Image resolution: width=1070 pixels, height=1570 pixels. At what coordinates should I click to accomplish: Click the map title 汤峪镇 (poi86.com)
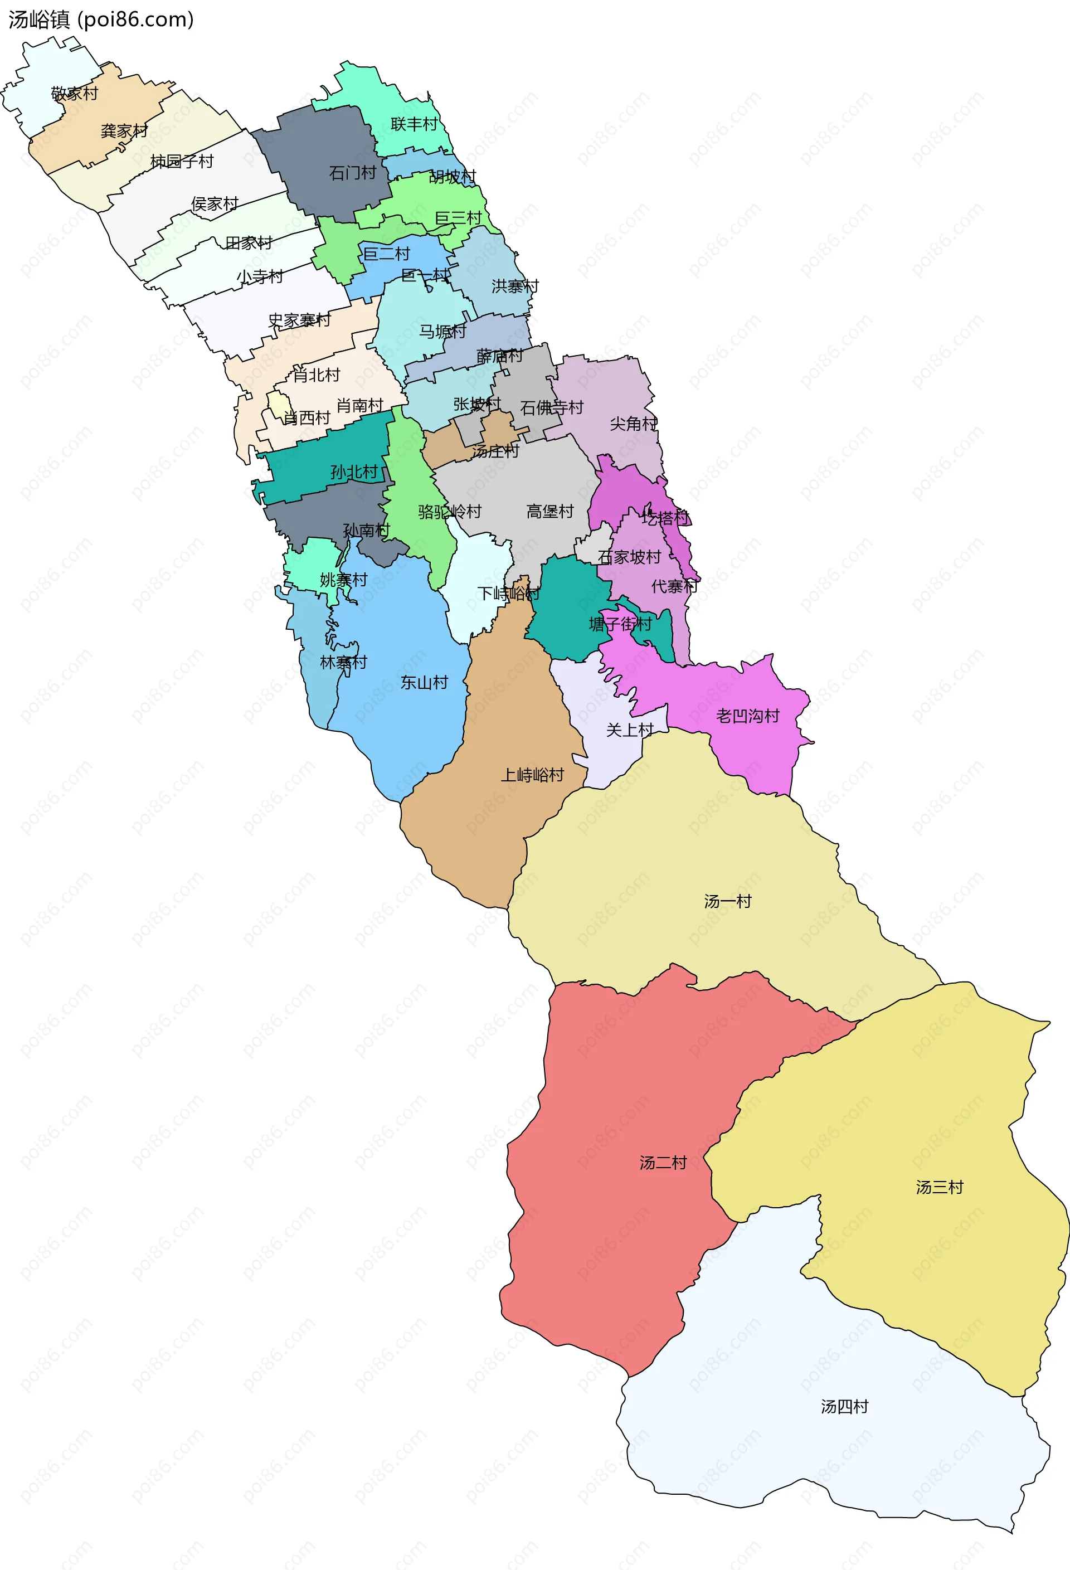click(x=101, y=20)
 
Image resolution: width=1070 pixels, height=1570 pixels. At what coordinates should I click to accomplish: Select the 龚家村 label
click(x=124, y=131)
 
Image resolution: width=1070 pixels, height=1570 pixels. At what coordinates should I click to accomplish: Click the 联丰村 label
click(x=414, y=124)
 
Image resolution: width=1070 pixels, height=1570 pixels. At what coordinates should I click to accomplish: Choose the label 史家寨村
click(x=299, y=320)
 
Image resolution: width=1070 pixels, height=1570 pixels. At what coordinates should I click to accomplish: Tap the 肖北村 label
click(x=316, y=375)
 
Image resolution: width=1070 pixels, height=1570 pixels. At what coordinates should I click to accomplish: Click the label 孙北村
click(x=353, y=472)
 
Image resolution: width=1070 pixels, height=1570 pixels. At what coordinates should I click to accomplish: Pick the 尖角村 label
click(x=633, y=424)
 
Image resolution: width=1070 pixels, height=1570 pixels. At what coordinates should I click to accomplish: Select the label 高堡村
click(x=550, y=512)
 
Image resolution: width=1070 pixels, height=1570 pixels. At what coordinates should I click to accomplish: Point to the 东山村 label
click(x=424, y=682)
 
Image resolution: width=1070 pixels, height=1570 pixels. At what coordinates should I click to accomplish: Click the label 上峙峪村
click(x=532, y=775)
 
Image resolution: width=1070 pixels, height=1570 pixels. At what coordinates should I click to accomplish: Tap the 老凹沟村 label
click(x=748, y=716)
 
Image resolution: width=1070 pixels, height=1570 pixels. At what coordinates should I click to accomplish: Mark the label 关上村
click(x=630, y=730)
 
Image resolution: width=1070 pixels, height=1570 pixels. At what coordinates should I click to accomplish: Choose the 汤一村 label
click(x=727, y=901)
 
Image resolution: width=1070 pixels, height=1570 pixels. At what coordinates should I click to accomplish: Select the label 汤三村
click(x=939, y=1187)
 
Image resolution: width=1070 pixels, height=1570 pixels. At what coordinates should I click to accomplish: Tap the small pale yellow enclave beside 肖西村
click(x=278, y=404)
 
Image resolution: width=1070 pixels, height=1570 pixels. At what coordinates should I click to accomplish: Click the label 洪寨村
click(x=515, y=286)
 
